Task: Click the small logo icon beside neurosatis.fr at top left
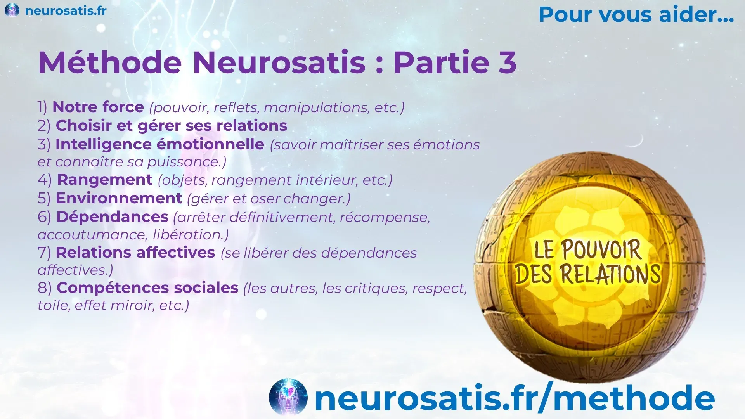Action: point(12,10)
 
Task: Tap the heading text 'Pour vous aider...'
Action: point(636,15)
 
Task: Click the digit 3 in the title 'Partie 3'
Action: point(507,62)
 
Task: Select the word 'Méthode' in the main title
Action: point(110,62)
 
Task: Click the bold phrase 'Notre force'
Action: point(98,107)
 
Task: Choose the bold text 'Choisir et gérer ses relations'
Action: point(172,126)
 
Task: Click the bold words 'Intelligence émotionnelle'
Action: point(160,144)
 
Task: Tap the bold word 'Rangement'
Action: point(105,180)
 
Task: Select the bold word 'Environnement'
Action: point(119,198)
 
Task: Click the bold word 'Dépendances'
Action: point(113,217)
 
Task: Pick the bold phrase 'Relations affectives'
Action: point(135,253)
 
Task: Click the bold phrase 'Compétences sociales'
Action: point(147,288)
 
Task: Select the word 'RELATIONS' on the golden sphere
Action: point(610,274)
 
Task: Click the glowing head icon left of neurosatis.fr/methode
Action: point(288,396)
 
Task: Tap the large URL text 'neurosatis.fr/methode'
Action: point(515,397)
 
